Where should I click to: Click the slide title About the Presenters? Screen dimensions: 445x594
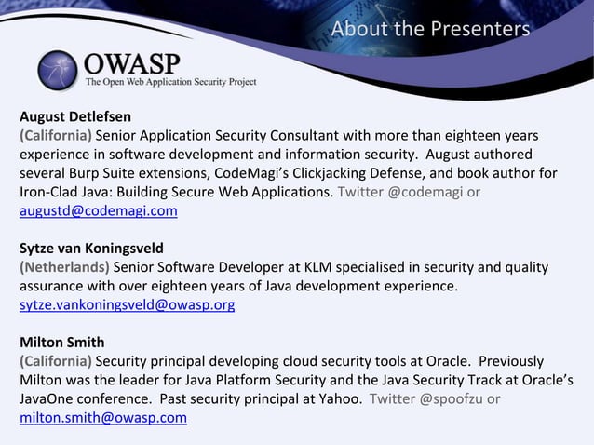pyautogui.click(x=430, y=29)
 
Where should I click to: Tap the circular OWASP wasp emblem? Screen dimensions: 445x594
pyautogui.click(x=60, y=69)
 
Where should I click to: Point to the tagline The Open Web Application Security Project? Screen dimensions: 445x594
pyautogui.click(x=170, y=82)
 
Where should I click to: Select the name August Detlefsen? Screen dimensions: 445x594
pyautogui.click(x=75, y=116)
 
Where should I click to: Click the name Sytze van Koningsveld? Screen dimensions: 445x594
pyautogui.click(x=91, y=249)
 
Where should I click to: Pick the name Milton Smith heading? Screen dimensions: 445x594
pyautogui.click(x=62, y=342)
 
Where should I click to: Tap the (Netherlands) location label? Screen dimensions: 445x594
pyautogui.click(x=64, y=267)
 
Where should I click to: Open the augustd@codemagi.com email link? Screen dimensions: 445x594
pyautogui.click(x=99, y=211)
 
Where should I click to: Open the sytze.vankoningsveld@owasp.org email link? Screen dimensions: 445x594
pyautogui.click(x=128, y=304)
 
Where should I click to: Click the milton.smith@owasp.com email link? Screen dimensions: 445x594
pyautogui.click(x=103, y=418)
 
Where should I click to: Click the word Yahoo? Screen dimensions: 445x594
pyautogui.click(x=338, y=398)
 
